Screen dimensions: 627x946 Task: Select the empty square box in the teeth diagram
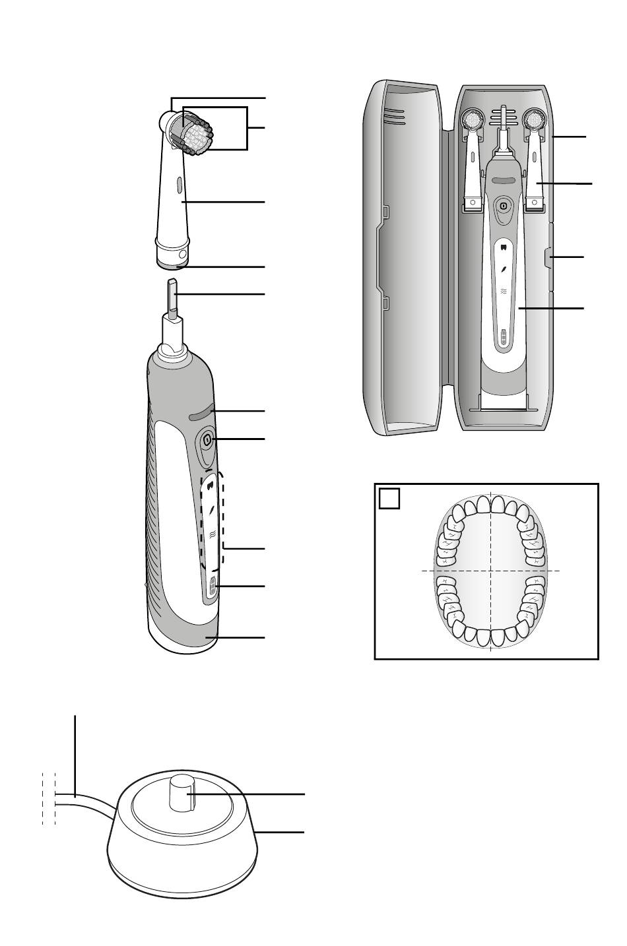coord(389,498)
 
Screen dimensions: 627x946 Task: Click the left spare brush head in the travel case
coord(473,158)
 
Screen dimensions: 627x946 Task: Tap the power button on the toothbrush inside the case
coord(503,206)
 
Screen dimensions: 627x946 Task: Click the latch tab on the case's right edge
coord(546,257)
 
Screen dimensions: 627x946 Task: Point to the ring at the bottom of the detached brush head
coord(173,265)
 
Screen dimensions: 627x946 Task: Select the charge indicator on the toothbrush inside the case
coord(503,337)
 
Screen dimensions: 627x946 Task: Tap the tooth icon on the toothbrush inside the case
coord(503,249)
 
